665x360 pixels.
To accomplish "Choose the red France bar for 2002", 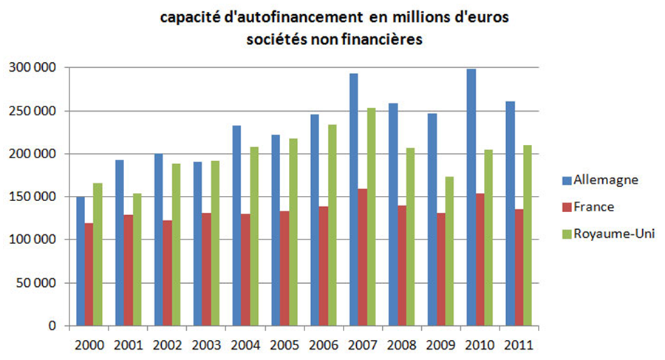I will (x=168, y=273).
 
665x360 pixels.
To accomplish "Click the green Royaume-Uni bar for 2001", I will (x=137, y=259).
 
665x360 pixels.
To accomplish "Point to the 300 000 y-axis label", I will (x=33, y=68).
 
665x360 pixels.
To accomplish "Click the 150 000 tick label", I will (x=33, y=197).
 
